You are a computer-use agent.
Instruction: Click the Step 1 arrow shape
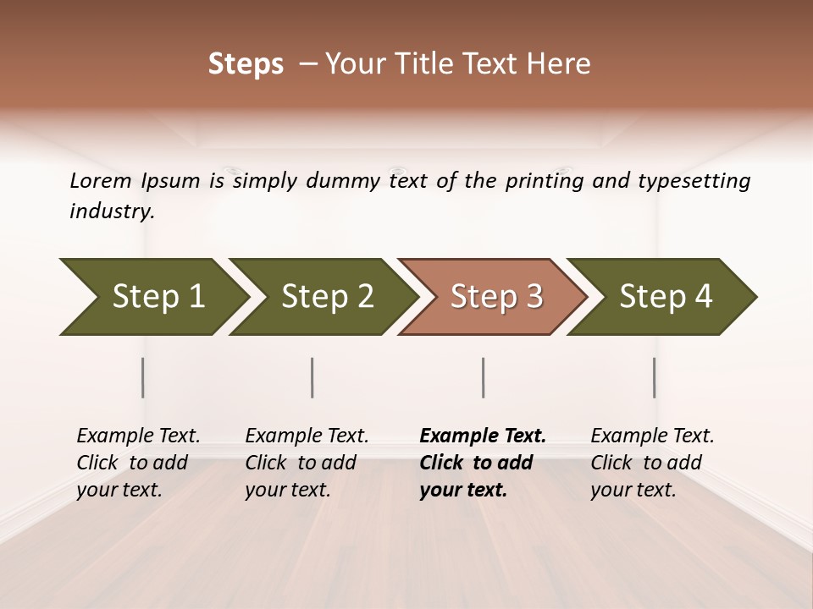coord(152,297)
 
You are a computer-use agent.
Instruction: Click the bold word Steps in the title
coord(246,64)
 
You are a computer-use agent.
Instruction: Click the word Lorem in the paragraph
coord(101,180)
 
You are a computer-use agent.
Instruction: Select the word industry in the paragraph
coord(112,211)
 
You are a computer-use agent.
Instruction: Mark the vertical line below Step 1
coord(143,377)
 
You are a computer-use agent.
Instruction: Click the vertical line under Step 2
coord(312,377)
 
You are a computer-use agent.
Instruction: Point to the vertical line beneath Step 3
coord(483,377)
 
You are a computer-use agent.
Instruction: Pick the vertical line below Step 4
coord(654,377)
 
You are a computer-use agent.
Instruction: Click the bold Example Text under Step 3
coord(483,436)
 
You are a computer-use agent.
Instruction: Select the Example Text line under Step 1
coord(138,436)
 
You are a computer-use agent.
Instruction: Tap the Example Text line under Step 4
coord(652,436)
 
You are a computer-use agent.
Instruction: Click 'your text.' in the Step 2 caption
coord(288,490)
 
